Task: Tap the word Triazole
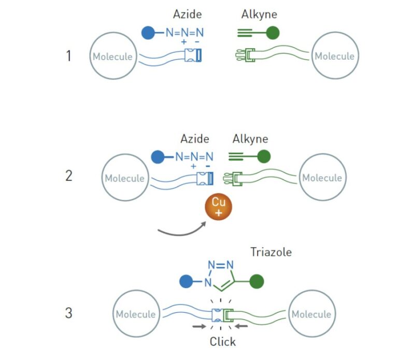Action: [x=271, y=252]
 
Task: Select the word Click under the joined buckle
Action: [x=223, y=341]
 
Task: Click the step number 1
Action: [x=68, y=56]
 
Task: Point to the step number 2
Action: [x=69, y=176]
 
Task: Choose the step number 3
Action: [x=69, y=313]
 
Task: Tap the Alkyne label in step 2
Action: [x=250, y=139]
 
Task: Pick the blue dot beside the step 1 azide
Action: [x=148, y=33]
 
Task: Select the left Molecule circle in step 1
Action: [x=112, y=56]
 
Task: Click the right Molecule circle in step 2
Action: [x=322, y=178]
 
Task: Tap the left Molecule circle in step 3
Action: [x=135, y=314]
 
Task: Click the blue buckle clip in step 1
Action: [x=195, y=56]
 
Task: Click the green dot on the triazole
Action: [x=257, y=282]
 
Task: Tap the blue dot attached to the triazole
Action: [x=186, y=282]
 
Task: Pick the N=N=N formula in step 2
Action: [x=194, y=156]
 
